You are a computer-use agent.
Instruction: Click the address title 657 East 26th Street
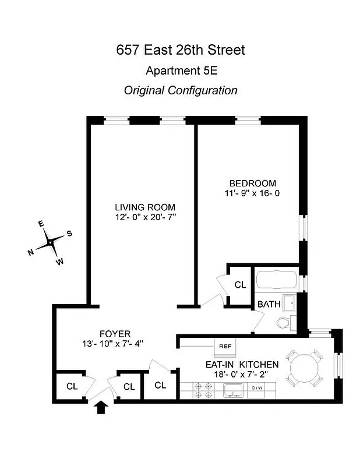point(180,50)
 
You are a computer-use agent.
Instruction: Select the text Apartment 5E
point(180,72)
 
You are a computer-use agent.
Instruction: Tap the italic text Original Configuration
point(180,90)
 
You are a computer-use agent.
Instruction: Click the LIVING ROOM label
point(144,207)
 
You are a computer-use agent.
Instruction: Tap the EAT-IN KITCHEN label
point(241,365)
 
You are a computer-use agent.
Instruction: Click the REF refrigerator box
point(225,346)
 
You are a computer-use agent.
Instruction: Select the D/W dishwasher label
point(257,388)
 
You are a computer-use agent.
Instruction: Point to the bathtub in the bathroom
point(277,281)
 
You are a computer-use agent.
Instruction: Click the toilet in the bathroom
point(284,323)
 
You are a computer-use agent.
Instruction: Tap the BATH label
point(269,304)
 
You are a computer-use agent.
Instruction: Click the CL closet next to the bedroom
point(240,285)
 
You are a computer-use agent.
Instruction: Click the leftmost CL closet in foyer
point(72,386)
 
